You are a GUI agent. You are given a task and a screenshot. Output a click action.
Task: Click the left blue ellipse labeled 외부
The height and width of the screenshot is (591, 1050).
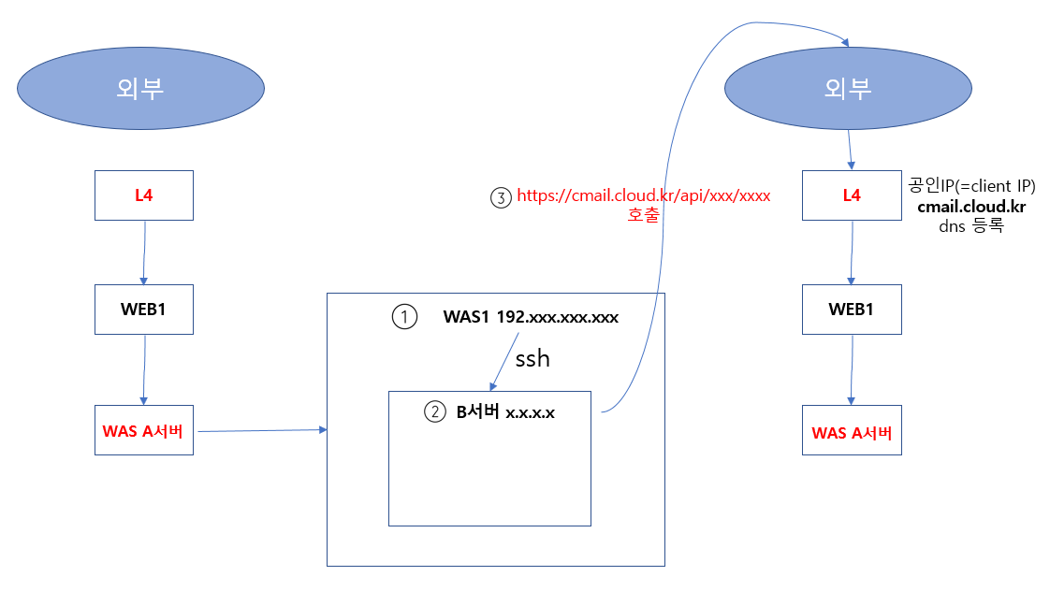coord(140,89)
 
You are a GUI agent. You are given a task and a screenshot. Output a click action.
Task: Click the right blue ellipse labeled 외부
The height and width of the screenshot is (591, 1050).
coord(849,89)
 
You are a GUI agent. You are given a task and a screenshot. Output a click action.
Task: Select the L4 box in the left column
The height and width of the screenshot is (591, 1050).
coord(144,195)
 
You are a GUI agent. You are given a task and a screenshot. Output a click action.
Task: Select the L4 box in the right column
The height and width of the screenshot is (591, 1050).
coord(852,195)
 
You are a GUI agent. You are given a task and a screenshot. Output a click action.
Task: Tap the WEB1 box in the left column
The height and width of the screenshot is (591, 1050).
coord(144,310)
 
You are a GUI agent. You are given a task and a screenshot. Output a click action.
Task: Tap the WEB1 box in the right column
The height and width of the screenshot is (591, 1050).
coord(852,310)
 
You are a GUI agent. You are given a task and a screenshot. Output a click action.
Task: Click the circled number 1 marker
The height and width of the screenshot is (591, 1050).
coord(403,318)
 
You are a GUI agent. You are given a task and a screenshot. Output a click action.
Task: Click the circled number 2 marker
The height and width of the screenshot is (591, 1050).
coord(435,412)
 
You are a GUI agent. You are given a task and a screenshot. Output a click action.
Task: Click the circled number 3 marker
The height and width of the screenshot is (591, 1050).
coord(501,197)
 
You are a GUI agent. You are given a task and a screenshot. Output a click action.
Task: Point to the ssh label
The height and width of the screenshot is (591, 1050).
coord(532,358)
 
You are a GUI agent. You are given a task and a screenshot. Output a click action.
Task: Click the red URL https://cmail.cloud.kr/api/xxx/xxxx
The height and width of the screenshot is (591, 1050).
coord(643,196)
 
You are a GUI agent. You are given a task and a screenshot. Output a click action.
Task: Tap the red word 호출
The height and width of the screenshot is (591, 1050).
coord(644,216)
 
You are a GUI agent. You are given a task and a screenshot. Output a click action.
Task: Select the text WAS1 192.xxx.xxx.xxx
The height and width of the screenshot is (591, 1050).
coord(531,318)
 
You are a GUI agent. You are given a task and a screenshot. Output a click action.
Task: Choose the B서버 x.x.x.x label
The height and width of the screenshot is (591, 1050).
coord(504,412)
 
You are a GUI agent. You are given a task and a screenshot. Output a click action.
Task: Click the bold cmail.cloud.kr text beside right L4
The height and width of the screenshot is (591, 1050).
coord(970,207)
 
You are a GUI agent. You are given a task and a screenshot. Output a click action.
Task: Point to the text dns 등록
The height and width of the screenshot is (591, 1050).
coord(970,226)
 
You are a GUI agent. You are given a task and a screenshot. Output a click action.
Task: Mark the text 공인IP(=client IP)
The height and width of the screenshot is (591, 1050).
coord(971,185)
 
